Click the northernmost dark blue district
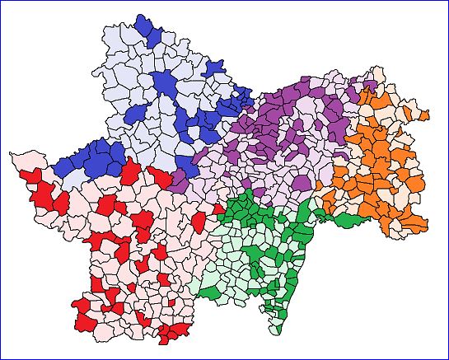click(x=147, y=26)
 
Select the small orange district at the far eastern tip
click(x=425, y=115)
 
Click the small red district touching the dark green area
click(x=217, y=209)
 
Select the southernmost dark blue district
click(x=132, y=172)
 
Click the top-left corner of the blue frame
click(x=1, y=1)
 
